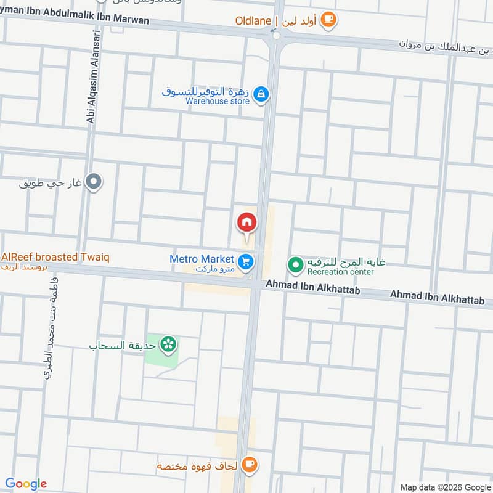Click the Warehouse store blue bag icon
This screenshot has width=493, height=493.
pos(261,94)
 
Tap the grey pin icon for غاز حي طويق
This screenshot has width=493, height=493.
pos(94,182)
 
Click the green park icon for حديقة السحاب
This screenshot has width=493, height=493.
pos(168,344)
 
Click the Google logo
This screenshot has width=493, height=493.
pos(26,484)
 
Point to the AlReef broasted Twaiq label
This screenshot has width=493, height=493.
pos(55,257)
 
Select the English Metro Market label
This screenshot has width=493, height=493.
pos(202,259)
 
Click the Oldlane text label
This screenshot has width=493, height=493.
pos(253,21)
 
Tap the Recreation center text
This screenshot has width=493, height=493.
pos(340,272)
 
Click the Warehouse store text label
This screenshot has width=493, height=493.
pos(218,101)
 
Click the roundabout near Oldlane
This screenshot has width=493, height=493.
pos(275,36)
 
